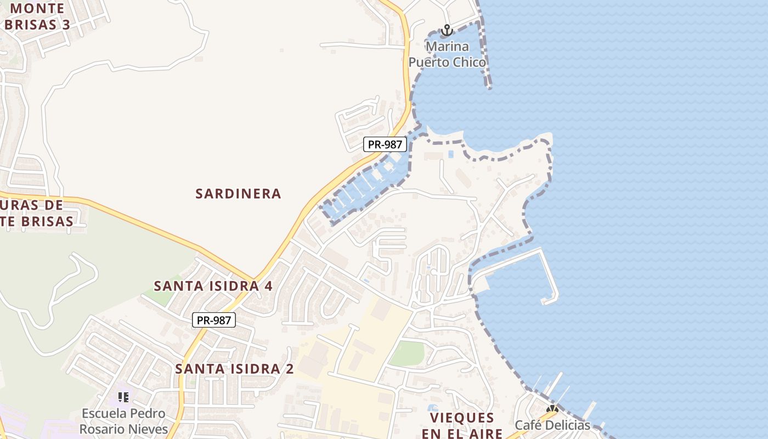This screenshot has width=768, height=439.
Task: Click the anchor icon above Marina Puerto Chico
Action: point(447,30)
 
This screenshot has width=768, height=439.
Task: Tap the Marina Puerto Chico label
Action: point(448,54)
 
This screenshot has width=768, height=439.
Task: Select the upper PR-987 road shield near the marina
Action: point(385,145)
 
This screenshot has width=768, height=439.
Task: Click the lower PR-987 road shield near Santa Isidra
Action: point(214,320)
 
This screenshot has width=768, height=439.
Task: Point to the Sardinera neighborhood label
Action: point(239,194)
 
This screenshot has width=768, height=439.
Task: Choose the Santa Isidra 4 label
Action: point(213,286)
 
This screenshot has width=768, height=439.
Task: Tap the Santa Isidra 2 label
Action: point(234,369)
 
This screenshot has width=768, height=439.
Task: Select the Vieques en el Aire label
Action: point(462,425)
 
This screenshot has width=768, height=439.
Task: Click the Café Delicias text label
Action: point(552,425)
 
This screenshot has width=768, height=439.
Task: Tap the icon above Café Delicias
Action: point(552,409)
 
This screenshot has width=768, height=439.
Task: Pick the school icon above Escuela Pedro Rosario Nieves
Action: point(123,397)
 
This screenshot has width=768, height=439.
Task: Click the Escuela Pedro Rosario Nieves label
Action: point(123,420)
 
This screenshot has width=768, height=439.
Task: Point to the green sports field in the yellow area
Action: point(406,353)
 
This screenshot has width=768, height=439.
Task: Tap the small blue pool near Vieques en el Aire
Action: point(432,408)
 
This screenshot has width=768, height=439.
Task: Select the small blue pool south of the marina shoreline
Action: point(450,154)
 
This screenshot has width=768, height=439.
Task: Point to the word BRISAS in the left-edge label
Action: point(46,221)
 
